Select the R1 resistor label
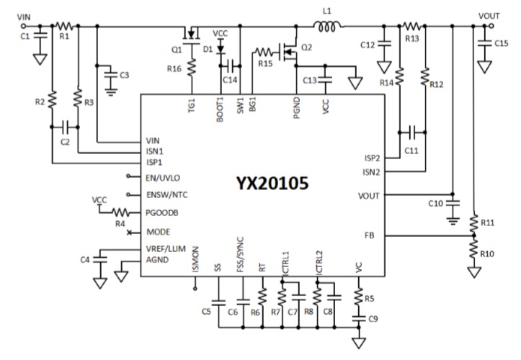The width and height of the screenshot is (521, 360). coord(65,35)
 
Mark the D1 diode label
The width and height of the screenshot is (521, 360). coord(209,49)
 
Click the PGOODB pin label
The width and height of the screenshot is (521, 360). coord(163,213)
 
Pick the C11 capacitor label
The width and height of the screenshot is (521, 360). coord(411,150)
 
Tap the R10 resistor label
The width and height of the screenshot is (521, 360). coord(488,255)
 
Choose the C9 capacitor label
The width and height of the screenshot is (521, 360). coord(373,318)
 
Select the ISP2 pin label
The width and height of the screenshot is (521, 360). coord(373,157)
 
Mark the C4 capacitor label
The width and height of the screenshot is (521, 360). coord(84,258)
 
